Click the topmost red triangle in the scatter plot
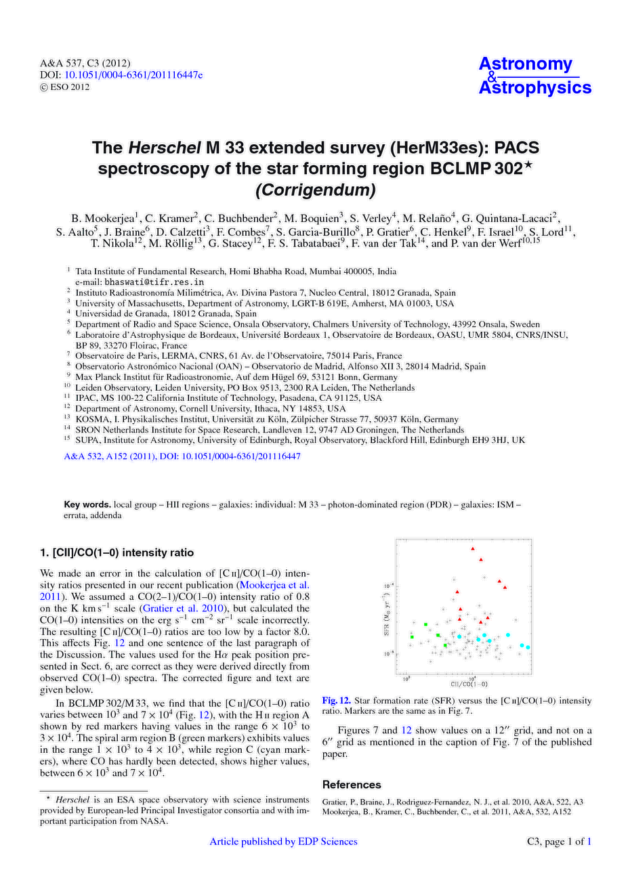pyautogui.click(x=473, y=548)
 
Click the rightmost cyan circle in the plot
pyautogui.click(x=528, y=648)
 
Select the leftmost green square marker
pyautogui.click(x=412, y=636)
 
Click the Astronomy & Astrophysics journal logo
pyautogui.click(x=534, y=75)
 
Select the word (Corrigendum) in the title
pyautogui.click(x=314, y=190)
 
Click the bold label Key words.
pyautogui.click(x=87, y=504)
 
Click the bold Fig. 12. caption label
pyautogui.click(x=336, y=700)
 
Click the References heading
pyautogui.click(x=352, y=785)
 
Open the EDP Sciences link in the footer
pyautogui.click(x=283, y=842)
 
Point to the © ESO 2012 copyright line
pyautogui.click(x=65, y=87)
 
